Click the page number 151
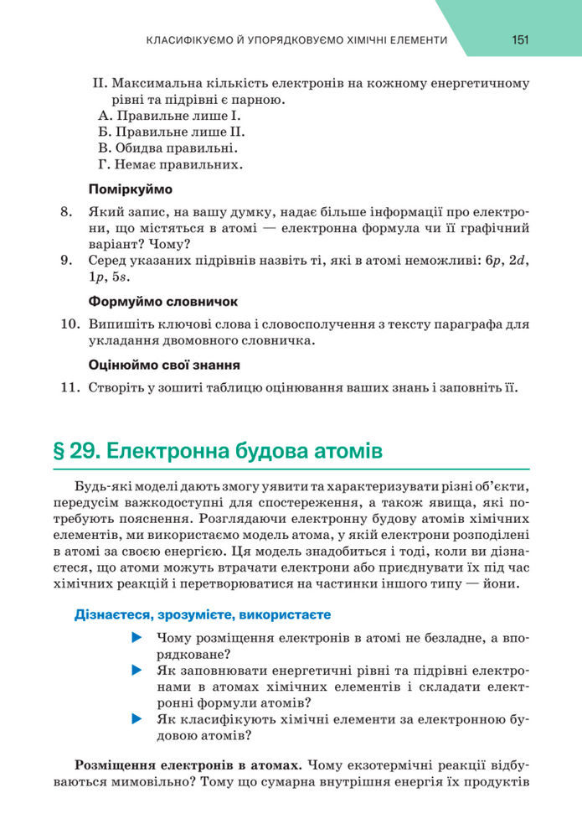[523, 39]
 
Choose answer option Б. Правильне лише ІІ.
[172, 132]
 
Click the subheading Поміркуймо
[130, 189]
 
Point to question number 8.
[68, 212]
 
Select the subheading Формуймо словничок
[163, 300]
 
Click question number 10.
[70, 324]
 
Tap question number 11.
[70, 387]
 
